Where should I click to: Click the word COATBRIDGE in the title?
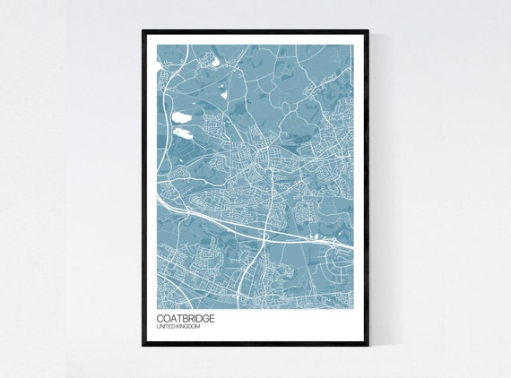click(x=185, y=317)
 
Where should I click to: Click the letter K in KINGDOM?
click(x=179, y=327)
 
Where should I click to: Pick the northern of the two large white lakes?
click(x=181, y=116)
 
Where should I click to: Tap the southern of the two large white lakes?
click(x=184, y=133)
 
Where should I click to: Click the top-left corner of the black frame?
click(x=143, y=31)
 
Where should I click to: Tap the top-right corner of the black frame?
click(x=368, y=31)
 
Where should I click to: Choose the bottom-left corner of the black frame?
click(x=143, y=346)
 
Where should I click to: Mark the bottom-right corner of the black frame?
click(x=368, y=346)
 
